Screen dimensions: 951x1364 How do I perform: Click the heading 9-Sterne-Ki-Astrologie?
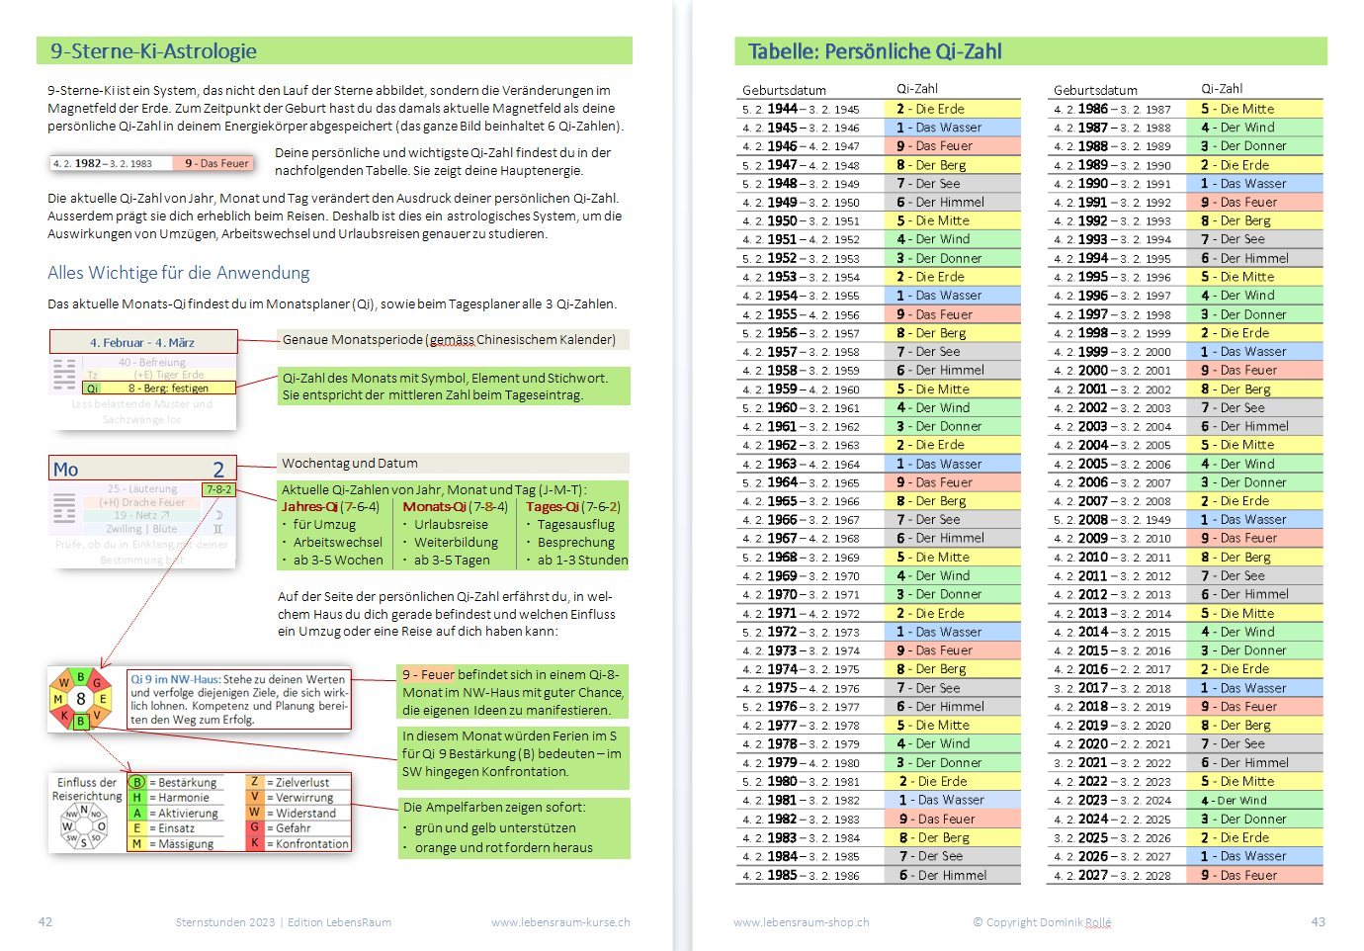153,51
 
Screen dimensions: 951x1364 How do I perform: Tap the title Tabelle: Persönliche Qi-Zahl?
875,51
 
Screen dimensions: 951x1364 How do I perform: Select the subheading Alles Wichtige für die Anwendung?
178,273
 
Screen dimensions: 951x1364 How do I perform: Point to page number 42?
45,921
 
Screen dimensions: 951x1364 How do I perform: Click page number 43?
1318,921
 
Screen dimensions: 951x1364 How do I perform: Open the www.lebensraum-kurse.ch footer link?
560,922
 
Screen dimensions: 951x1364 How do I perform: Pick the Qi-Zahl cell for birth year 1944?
955,109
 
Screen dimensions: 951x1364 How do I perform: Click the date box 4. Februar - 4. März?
142,342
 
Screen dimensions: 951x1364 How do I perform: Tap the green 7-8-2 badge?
218,489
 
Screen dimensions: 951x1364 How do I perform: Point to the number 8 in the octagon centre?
81,699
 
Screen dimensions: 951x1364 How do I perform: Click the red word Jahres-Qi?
309,506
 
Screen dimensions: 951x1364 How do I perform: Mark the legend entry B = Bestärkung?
179,782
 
